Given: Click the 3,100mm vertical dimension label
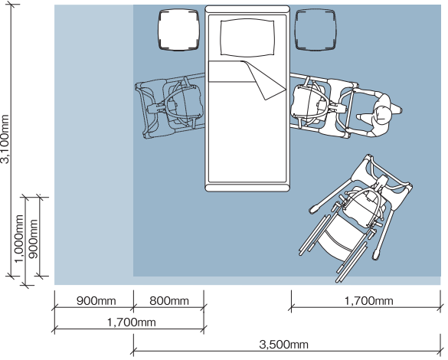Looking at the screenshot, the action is (x=5, y=139).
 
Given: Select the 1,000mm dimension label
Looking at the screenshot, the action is (x=19, y=238).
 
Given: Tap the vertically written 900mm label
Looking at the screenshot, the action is (x=33, y=239).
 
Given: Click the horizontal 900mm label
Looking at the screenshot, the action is (x=96, y=301).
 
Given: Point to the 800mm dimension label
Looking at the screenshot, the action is (x=169, y=301).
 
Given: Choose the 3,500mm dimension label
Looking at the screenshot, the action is (x=283, y=344).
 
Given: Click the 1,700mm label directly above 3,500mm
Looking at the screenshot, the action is (x=368, y=301).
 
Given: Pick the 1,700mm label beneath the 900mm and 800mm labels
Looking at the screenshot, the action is (x=132, y=322).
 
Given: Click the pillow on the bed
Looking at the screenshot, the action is (x=247, y=38).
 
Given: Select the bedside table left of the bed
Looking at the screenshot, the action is (x=178, y=30).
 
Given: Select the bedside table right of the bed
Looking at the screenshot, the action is (x=315, y=30).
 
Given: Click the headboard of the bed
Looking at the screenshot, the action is (x=247, y=9).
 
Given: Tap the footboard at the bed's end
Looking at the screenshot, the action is (x=247, y=188).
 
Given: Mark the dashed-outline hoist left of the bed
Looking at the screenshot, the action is (x=170, y=106).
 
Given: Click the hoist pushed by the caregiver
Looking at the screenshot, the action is (x=324, y=106).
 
